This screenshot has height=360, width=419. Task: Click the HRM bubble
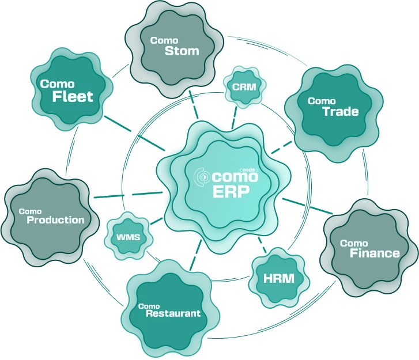(278, 279)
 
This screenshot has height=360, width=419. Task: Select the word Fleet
(73, 96)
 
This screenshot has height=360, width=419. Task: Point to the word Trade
(340, 112)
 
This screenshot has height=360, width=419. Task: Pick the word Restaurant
(173, 314)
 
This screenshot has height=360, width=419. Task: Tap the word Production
(55, 219)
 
